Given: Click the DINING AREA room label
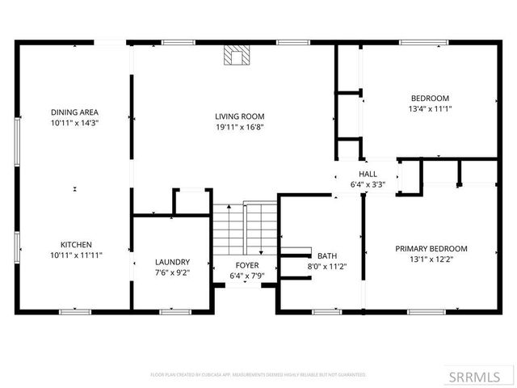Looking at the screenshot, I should pos(74,112).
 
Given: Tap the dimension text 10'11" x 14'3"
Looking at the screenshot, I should pos(74,124).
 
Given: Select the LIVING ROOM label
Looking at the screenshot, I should pos(240,116).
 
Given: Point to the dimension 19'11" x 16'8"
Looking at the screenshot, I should pos(240,127).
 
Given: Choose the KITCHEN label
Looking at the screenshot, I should pos(76,244).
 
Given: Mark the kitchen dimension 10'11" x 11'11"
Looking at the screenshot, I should pos(76,255).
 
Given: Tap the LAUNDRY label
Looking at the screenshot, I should pos(172,262).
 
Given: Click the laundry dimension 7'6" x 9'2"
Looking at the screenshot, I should pos(172,273).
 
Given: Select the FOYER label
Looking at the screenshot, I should pos(246,265).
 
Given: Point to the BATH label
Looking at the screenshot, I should pos(327,255).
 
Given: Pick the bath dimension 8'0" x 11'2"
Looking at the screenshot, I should pos(327,266).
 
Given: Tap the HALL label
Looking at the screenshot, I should pos(368,174).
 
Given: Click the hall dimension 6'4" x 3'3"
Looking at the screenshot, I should pos(368,184).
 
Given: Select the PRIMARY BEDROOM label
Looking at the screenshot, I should pos(431,248).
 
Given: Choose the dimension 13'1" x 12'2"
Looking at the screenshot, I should pos(431,259).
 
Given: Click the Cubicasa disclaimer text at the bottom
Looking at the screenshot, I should pos(258,375).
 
